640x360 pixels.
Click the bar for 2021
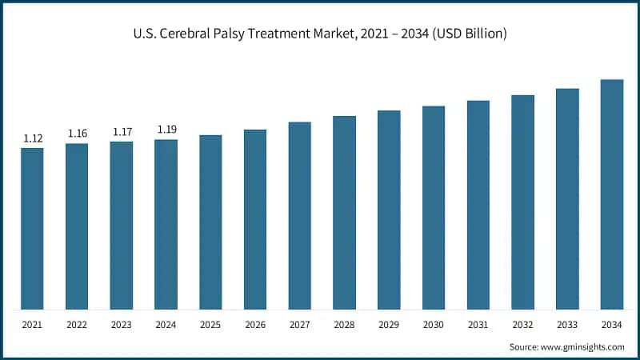[x=33, y=229]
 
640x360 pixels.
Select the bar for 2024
[x=166, y=225]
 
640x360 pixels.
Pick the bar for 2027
[x=300, y=216]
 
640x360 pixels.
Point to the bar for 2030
[x=434, y=208]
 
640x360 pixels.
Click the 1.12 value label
[x=33, y=138]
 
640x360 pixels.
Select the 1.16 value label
[x=78, y=133]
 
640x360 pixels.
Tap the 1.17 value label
[x=122, y=132]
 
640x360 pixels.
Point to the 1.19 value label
[x=166, y=129]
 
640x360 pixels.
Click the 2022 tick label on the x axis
[x=78, y=326]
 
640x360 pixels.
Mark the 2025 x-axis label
[x=211, y=326]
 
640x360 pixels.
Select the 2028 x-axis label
[x=345, y=326]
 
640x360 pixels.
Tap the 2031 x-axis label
[x=478, y=326]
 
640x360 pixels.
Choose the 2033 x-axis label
[x=567, y=326]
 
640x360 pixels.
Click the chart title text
[x=320, y=34]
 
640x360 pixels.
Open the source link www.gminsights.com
[x=583, y=346]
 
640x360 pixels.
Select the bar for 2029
[x=389, y=210]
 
